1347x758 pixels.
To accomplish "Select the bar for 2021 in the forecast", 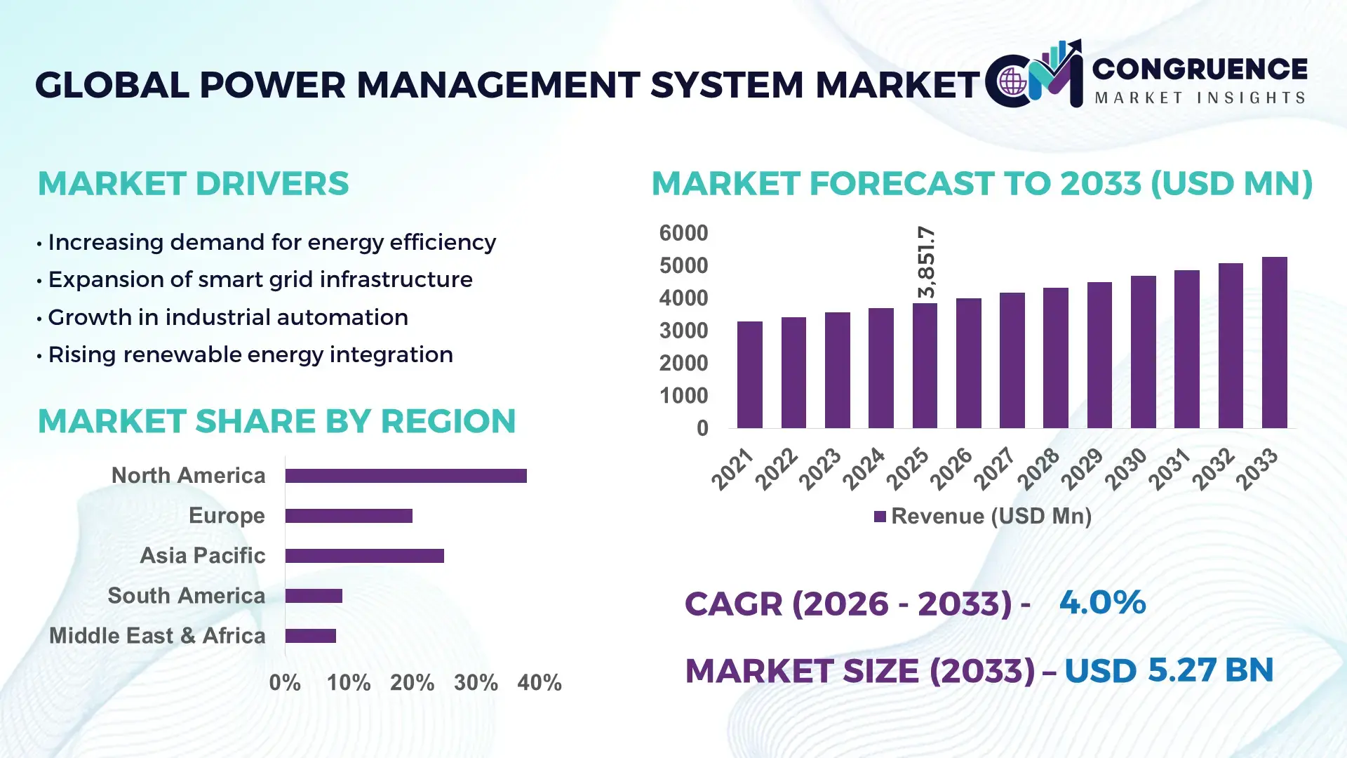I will point(749,375).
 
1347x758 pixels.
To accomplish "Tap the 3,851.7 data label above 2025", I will point(926,262).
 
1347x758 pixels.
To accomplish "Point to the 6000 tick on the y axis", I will point(683,233).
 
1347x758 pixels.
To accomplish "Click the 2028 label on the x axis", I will point(1038,469).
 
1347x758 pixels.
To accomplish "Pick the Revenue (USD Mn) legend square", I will point(880,517).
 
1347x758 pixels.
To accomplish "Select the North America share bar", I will point(406,476).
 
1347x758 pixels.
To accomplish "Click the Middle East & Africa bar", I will point(310,636).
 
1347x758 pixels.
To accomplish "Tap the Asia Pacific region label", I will point(202,555).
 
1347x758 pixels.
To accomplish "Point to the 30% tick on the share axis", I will point(476,682).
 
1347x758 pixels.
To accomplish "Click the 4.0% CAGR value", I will point(1101,602).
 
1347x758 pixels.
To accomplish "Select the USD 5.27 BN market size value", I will point(1168,670).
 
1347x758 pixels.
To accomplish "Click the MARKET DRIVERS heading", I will point(193,184).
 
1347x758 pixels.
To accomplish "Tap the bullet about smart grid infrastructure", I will point(260,279).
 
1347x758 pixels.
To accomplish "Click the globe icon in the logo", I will point(1012,82).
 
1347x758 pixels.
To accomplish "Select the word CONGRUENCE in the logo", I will point(1200,69).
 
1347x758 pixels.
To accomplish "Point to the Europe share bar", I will point(349,516).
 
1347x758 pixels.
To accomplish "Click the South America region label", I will point(186,595).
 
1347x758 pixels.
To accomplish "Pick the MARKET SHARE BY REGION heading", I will point(276,421).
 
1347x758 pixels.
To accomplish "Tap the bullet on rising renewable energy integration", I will point(250,354).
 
